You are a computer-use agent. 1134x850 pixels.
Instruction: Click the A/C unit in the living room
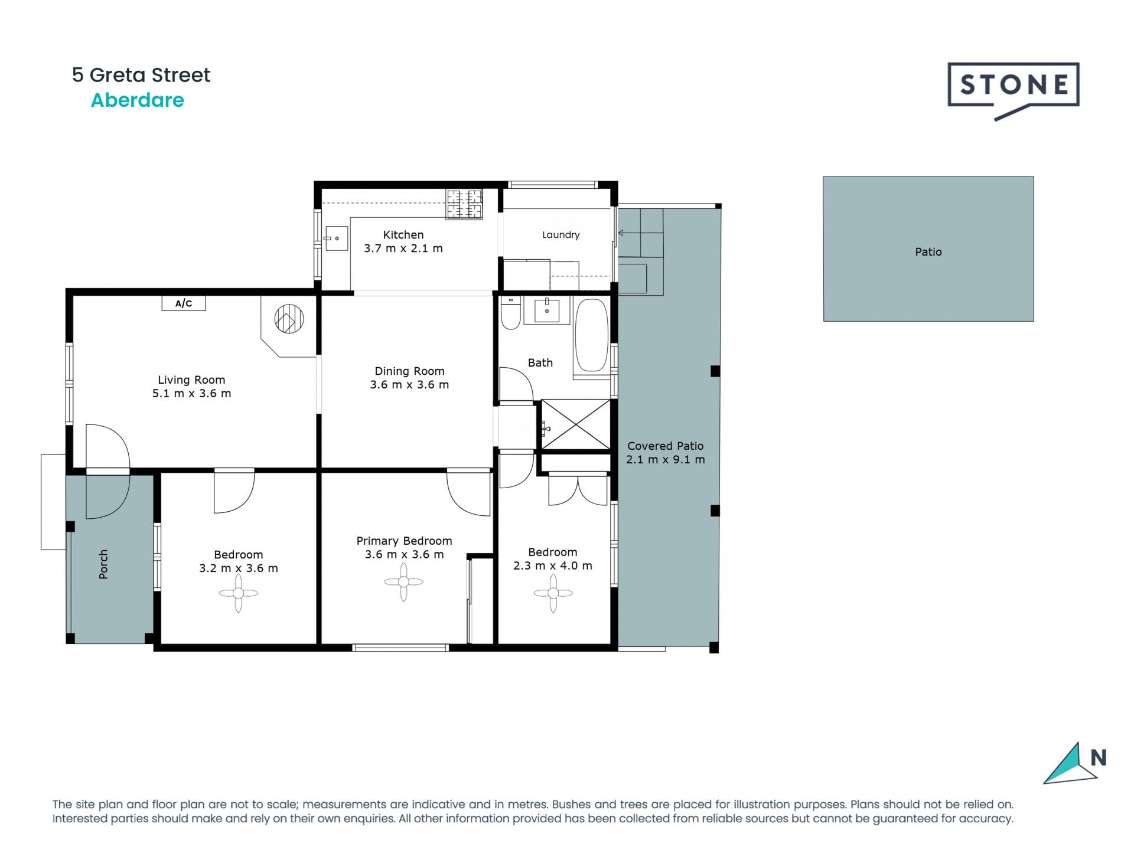click(x=184, y=303)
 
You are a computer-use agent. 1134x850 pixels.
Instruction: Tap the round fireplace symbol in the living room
click(x=289, y=319)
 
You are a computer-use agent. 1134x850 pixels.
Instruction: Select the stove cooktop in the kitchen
click(x=464, y=204)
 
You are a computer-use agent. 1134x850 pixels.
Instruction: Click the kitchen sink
click(x=336, y=238)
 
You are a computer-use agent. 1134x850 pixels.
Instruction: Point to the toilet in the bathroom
click(x=510, y=313)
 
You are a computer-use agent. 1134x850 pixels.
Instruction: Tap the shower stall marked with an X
click(x=576, y=424)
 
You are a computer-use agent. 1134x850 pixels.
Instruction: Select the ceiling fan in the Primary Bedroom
click(x=403, y=582)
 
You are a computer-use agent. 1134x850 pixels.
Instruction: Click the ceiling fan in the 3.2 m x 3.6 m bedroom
click(x=238, y=593)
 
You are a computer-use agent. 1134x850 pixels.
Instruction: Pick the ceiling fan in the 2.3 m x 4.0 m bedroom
click(x=553, y=593)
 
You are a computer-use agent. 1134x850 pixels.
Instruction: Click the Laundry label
click(x=561, y=235)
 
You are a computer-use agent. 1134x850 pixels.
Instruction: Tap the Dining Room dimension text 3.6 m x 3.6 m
click(x=409, y=385)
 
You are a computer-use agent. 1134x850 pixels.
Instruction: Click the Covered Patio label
click(x=665, y=446)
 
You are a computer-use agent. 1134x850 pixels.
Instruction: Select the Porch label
click(x=103, y=564)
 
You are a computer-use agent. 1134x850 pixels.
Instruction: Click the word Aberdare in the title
click(x=137, y=100)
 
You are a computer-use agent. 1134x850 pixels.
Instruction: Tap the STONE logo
click(x=1014, y=86)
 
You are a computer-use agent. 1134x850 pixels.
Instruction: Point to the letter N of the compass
click(x=1098, y=757)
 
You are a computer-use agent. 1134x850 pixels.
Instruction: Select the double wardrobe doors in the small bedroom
click(x=578, y=490)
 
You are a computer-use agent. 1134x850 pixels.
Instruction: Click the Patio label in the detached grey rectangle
click(x=928, y=252)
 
